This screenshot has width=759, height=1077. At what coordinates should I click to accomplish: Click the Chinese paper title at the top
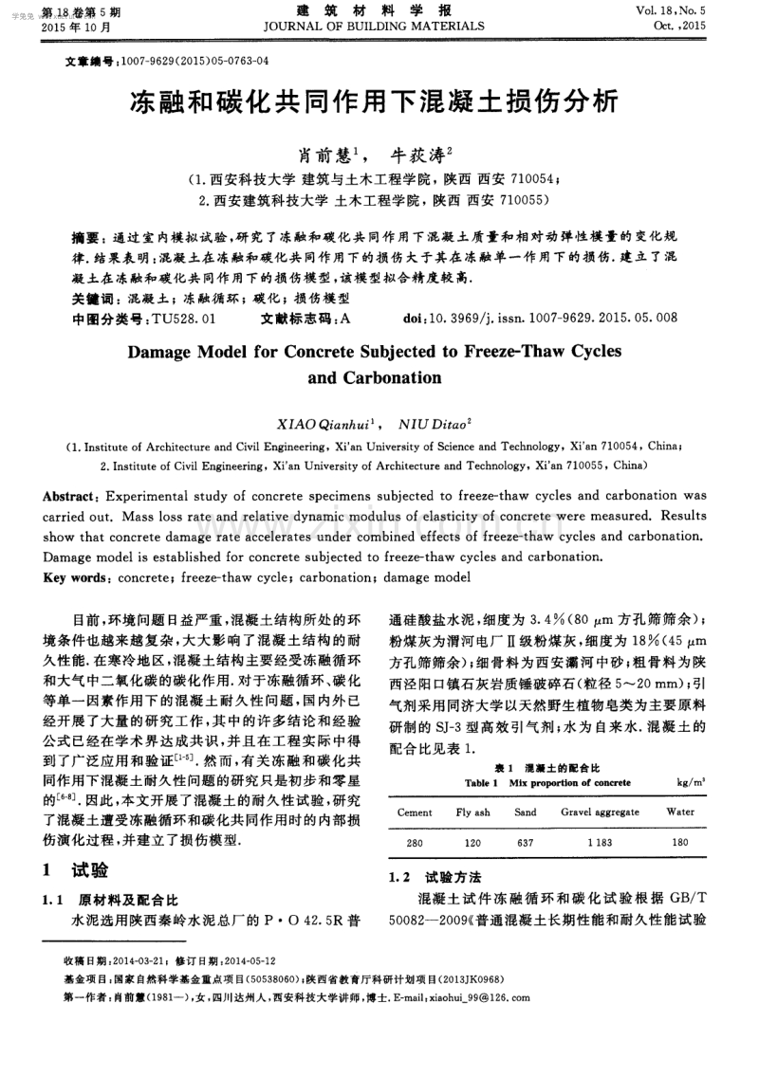(379, 100)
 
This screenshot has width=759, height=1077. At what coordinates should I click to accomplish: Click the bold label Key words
(76, 577)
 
